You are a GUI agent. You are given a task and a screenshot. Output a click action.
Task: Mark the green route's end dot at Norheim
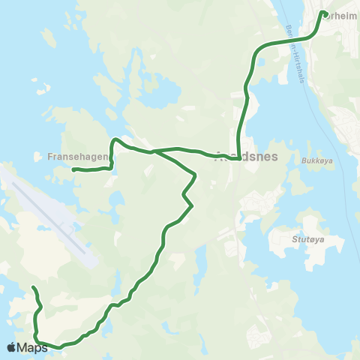point(323,13)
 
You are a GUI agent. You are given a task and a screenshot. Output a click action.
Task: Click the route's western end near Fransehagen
point(74,170)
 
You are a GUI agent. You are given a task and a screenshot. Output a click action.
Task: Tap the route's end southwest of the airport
point(33,289)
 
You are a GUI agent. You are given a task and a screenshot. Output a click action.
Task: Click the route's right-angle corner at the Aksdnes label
point(238,157)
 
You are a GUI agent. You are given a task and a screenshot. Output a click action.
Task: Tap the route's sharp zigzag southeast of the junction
point(184,196)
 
